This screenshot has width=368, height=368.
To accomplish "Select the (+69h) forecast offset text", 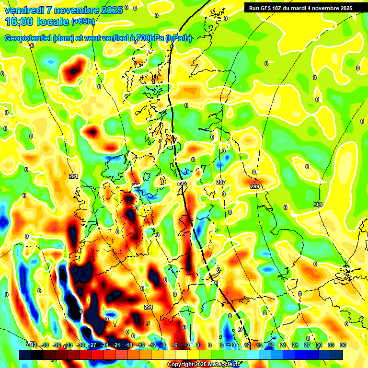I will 83,22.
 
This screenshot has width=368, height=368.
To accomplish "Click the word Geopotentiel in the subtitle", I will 28,38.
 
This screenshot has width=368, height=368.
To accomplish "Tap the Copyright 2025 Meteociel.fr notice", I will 204,364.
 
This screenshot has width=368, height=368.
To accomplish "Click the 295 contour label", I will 182,183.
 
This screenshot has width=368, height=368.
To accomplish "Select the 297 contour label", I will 221,182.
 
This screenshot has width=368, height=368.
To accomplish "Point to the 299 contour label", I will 255,186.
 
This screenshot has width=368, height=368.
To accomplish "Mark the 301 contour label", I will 318,205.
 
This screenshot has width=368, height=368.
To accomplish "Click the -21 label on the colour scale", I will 116,345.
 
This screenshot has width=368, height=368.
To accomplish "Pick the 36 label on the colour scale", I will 343,345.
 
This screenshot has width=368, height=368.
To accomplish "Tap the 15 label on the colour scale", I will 259,345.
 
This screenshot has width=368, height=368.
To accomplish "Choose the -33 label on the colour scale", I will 69,345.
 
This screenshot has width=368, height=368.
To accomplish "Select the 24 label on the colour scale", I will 295,345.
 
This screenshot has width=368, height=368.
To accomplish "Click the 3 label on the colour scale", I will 210,345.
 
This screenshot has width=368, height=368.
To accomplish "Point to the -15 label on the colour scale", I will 140,345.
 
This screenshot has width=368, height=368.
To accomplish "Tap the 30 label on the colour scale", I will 319,345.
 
